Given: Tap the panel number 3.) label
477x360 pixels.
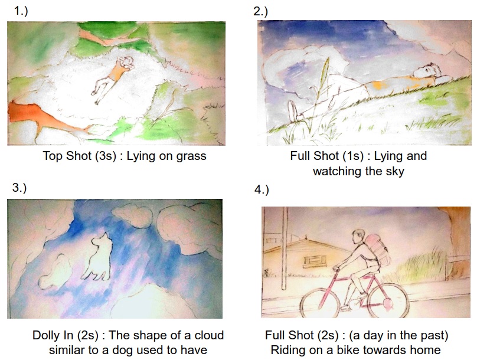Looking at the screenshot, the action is pos(19,187).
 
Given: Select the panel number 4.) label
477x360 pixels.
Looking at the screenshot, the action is pos(262,189).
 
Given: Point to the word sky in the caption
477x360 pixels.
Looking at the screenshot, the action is pos(395,171).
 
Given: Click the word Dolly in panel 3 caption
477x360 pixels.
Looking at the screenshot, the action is pos(53,335).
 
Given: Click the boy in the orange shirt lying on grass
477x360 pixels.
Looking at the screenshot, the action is pos(112,79).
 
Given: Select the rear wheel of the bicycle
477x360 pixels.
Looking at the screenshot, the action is pos(388,299).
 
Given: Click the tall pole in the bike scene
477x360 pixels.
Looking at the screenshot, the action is pos(285,248).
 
